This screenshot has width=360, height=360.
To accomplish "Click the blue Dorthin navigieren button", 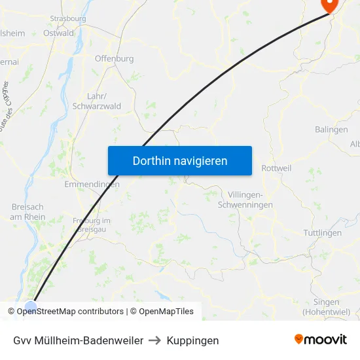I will (x=180, y=160).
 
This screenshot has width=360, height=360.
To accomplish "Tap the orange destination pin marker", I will (x=328, y=5).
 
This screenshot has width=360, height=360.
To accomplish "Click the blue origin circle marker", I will (x=31, y=306).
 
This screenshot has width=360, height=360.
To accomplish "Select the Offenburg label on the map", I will (x=114, y=58).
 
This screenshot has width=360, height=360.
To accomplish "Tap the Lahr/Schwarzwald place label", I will (x=96, y=101).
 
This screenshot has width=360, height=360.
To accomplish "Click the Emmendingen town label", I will (x=92, y=185).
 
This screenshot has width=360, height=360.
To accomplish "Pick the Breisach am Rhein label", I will (x=28, y=212).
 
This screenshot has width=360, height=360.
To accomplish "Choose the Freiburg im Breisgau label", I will (x=92, y=225).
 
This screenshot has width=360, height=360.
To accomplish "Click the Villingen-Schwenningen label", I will (x=255, y=200).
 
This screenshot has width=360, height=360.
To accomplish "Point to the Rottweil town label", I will (x=276, y=168).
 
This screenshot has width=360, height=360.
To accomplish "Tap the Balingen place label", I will (x=331, y=130).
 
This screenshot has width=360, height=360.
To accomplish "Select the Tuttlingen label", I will (x=323, y=233).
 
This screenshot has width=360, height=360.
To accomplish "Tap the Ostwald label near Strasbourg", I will (x=58, y=33).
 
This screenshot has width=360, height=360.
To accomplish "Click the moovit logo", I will (x=321, y=339).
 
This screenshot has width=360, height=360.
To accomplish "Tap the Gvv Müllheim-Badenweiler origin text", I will (x=78, y=340).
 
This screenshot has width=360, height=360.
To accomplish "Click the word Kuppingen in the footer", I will (x=192, y=340).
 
